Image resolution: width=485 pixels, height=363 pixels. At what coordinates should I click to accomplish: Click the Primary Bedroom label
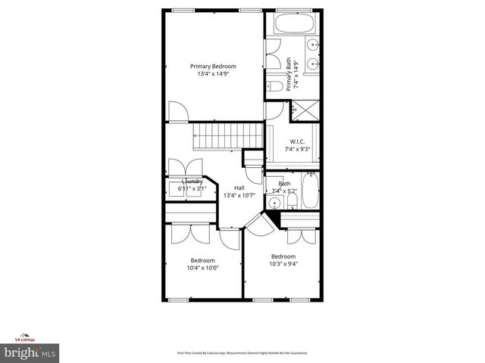pos(213,66)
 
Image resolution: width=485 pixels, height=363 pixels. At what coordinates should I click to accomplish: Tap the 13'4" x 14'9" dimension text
pos(213,74)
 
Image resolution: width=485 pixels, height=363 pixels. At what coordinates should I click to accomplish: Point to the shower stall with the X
pos(307,110)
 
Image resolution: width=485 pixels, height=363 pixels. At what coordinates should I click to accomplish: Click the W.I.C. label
pos(297,141)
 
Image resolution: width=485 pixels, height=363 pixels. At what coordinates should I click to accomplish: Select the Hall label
pos(239,188)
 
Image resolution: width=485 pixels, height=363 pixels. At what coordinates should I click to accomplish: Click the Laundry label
pos(192,181)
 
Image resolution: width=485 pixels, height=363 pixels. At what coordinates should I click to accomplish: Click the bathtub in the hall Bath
pos(311,192)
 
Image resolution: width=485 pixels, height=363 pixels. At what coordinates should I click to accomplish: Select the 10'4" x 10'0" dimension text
pos(202,268)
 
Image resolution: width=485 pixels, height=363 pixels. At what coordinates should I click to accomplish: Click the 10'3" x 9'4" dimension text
pos(283,264)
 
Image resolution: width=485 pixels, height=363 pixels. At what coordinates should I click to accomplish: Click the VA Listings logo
pos(27,338)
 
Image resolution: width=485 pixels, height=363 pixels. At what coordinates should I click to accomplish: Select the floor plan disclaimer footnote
pos(242,353)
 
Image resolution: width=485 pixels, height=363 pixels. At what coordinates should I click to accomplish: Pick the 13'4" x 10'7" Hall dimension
pos(239,195)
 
